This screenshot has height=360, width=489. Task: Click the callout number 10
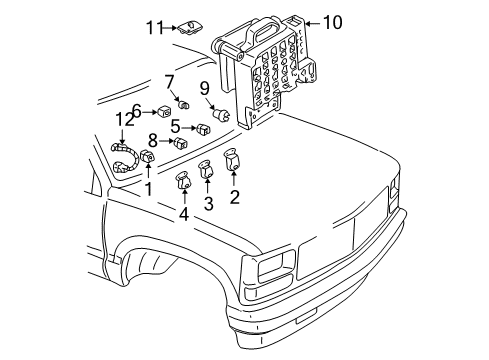(332, 20)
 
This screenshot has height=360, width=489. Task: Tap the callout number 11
(153, 27)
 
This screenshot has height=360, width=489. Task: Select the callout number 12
(123, 119)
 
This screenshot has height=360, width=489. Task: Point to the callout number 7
(170, 80)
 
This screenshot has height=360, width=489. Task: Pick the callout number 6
(137, 110)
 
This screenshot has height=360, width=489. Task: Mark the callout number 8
(153, 141)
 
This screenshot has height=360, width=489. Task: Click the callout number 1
(148, 188)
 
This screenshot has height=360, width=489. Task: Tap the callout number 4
(184, 214)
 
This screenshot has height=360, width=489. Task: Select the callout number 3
(207, 204)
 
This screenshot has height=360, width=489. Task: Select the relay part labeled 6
(162, 111)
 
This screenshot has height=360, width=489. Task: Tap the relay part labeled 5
(204, 127)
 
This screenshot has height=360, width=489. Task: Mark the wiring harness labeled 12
(124, 161)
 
